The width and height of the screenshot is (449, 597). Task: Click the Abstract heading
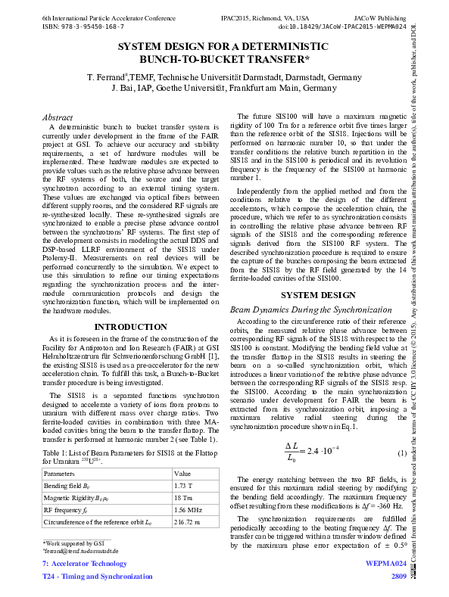[57, 117]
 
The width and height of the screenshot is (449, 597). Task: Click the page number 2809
[399, 577]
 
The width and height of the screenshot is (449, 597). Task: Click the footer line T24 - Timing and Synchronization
[97, 577]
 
